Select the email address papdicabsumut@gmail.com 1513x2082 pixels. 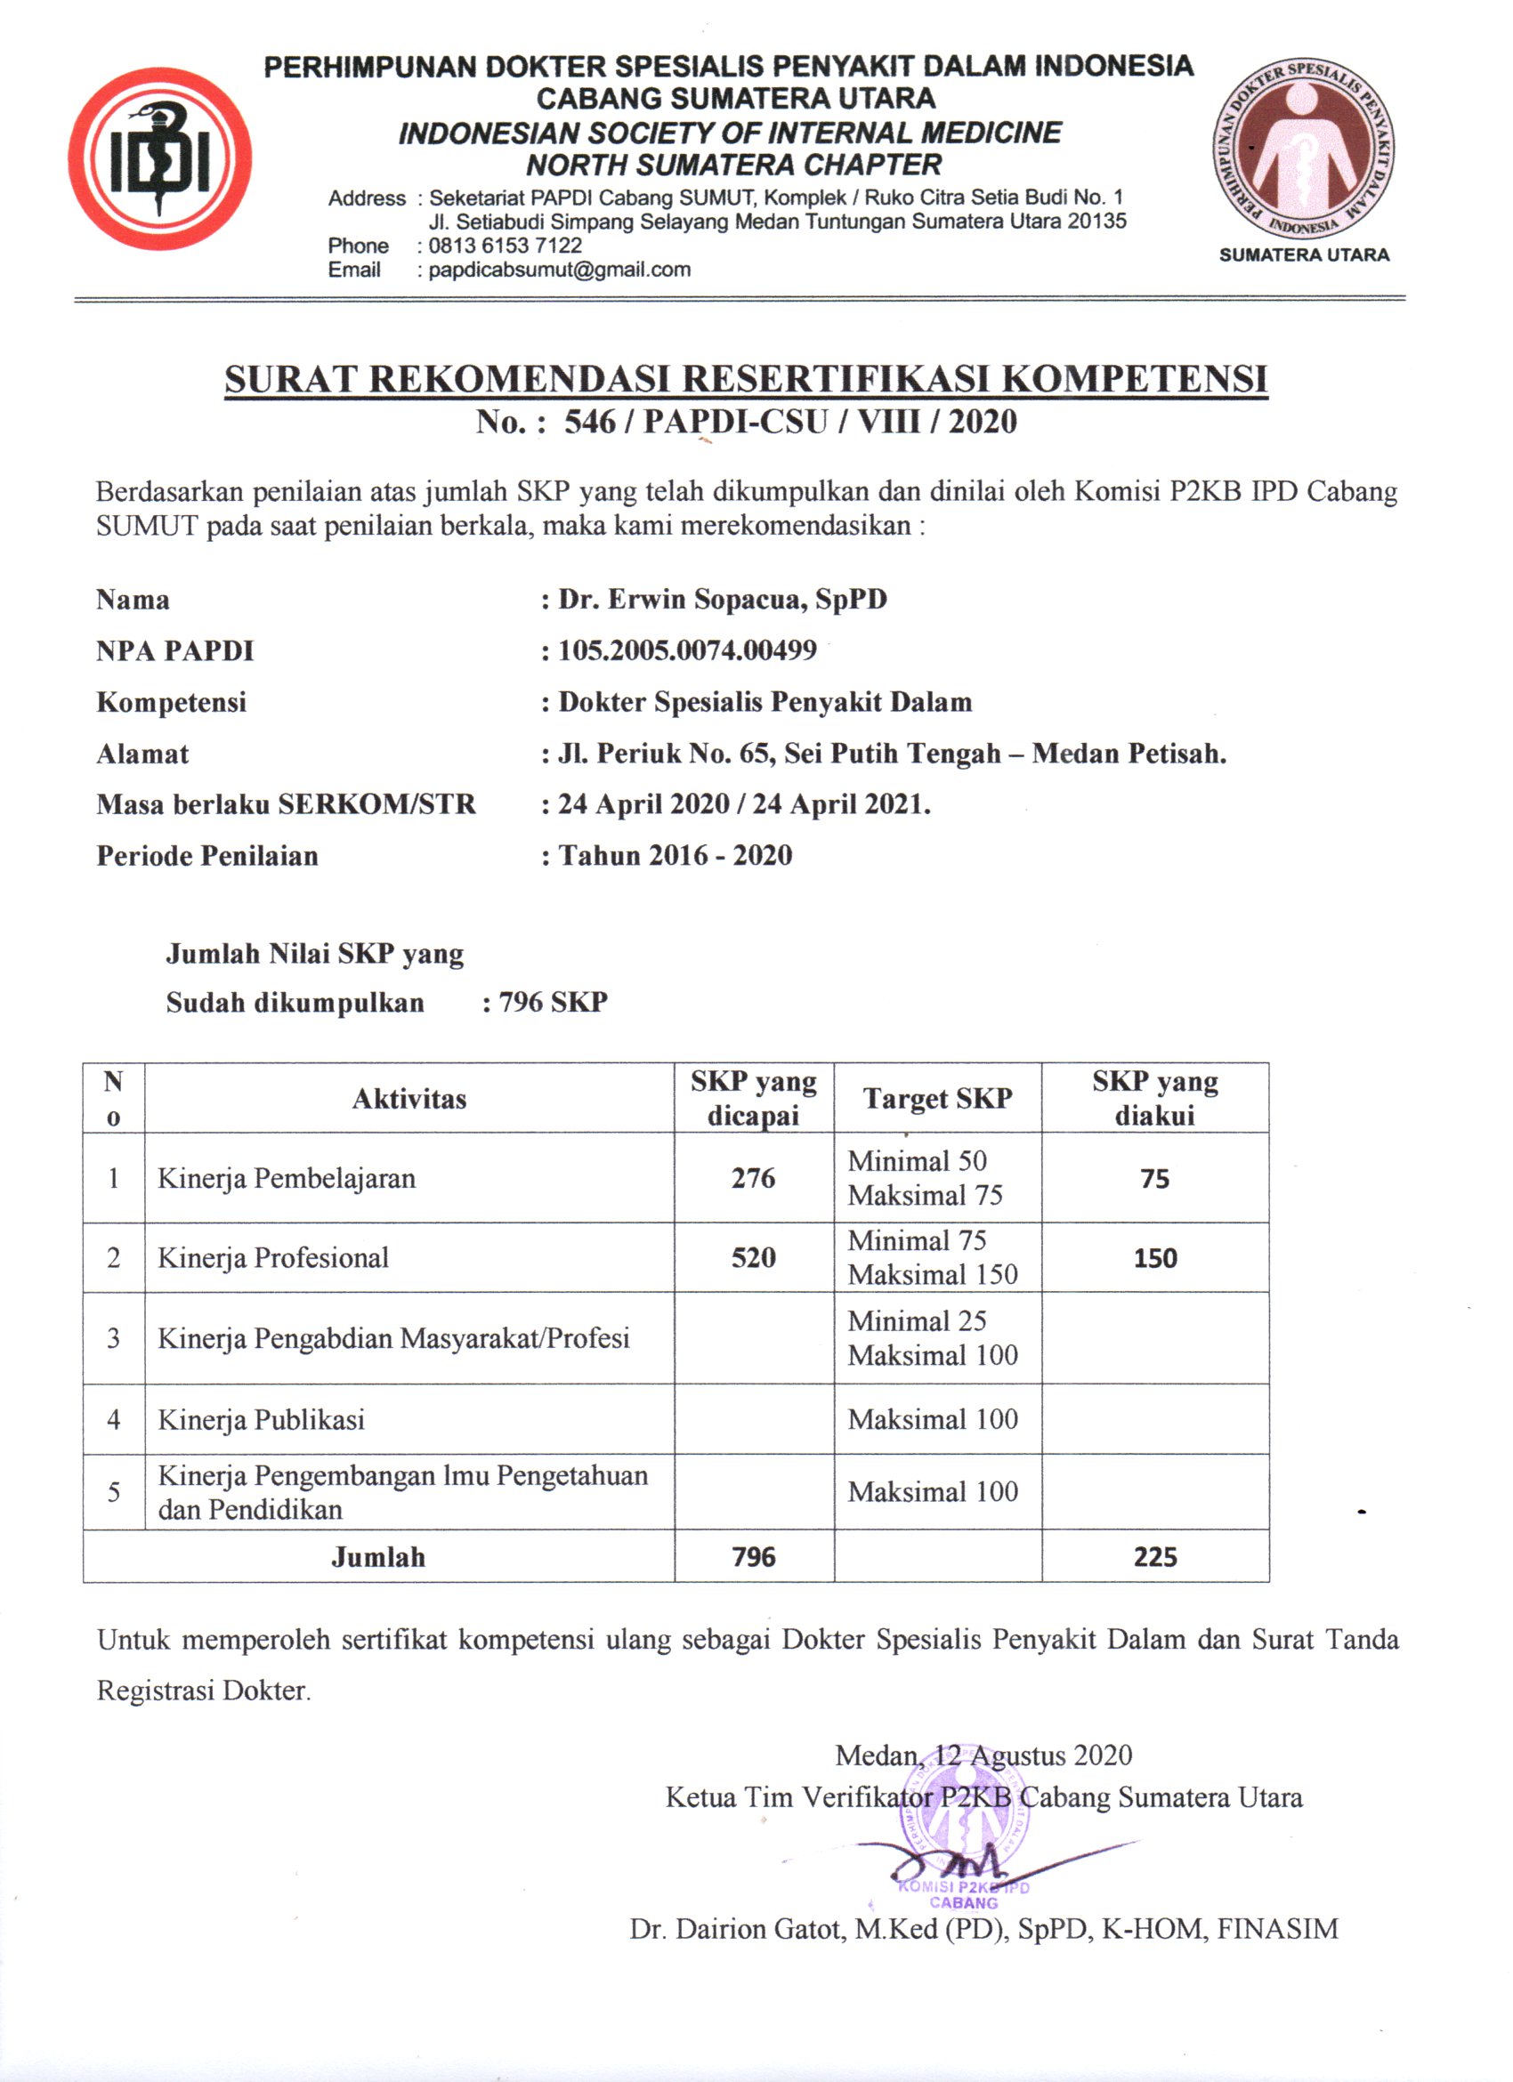click(559, 270)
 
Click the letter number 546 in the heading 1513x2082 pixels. click(589, 423)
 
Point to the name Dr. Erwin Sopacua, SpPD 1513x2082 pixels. click(723, 600)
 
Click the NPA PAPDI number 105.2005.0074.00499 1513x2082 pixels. click(687, 651)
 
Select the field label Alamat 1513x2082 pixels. click(142, 755)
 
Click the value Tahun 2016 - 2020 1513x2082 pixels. click(675, 856)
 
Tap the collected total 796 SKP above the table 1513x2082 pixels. click(553, 1002)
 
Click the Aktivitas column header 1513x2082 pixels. click(409, 1099)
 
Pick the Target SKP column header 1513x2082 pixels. click(937, 1099)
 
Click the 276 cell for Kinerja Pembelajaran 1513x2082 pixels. click(753, 1178)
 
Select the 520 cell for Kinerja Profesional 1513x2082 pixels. click(753, 1257)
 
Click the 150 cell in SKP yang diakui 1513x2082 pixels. click(1155, 1257)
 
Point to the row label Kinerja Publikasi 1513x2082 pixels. click(262, 1420)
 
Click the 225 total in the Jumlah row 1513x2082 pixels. click(1155, 1557)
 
